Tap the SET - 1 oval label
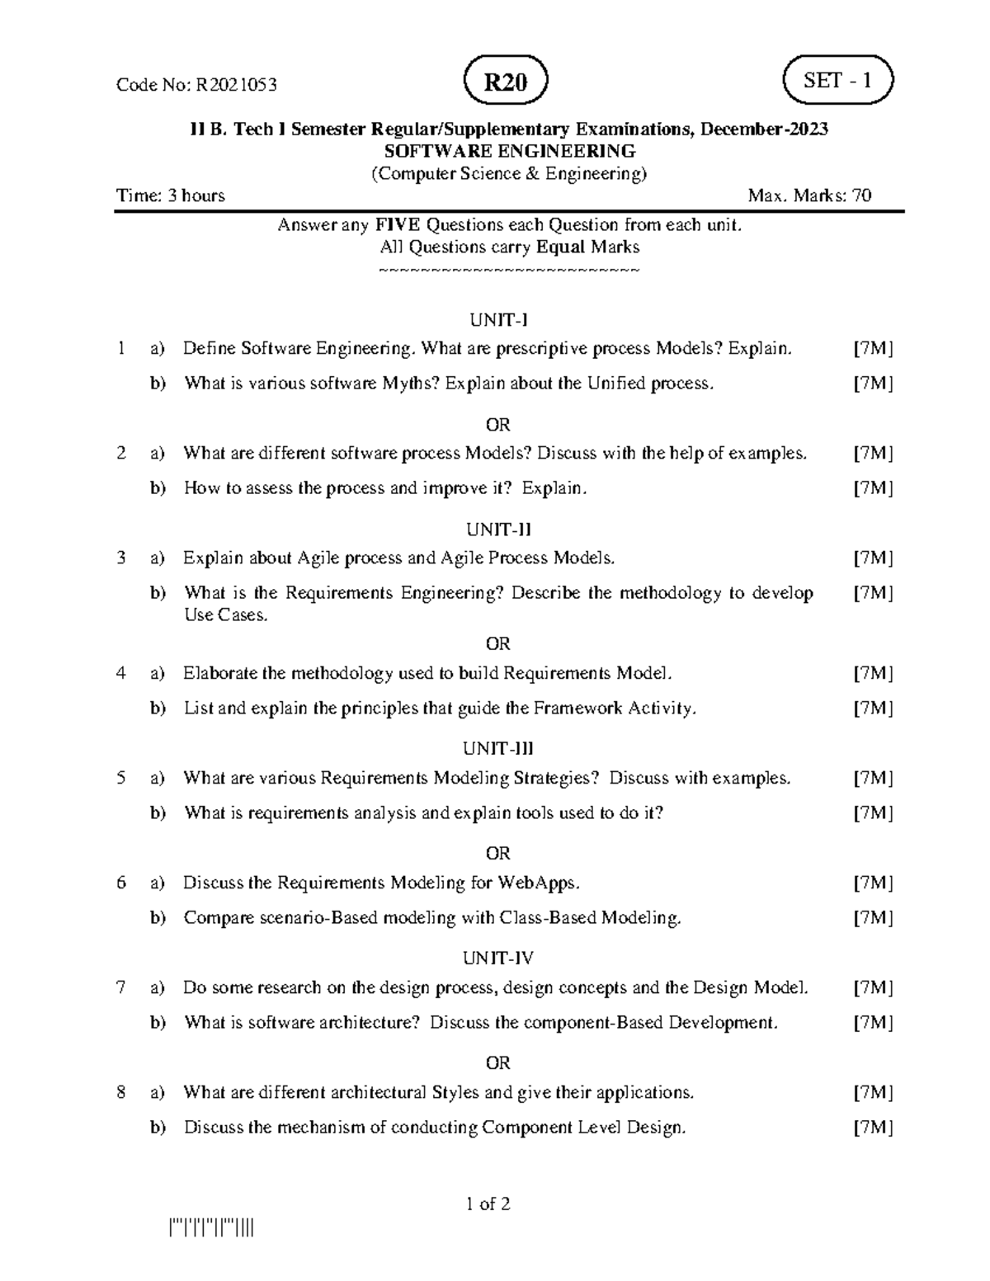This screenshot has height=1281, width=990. pos(837,81)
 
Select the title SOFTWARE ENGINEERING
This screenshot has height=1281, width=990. pos(511,151)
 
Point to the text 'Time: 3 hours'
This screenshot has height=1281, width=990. pos(171,195)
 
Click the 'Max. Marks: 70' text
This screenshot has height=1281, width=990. pos(809,195)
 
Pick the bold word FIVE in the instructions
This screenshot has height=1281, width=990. pos(394,224)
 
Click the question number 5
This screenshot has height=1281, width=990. pos(121,778)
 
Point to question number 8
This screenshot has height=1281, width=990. pos(121,1092)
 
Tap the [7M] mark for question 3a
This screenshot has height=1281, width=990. pos(873,558)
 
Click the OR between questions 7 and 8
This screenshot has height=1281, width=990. pos(498,1062)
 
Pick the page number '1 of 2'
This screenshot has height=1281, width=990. pos(488,1203)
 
